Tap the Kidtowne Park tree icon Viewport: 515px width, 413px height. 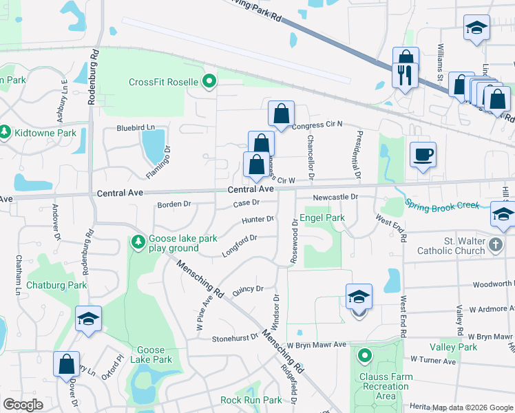click(x=4, y=131)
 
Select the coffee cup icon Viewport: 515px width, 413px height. click(x=422, y=155)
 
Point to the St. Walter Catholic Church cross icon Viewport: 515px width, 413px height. click(x=495, y=244)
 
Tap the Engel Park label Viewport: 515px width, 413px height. click(x=322, y=218)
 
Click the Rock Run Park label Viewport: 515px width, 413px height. click(x=251, y=400)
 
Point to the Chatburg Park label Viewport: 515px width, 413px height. click(x=56, y=284)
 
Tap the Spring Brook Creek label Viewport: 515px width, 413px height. click(x=441, y=204)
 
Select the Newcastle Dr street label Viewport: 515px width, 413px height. click(x=336, y=197)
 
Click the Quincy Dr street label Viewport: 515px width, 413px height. click(x=249, y=290)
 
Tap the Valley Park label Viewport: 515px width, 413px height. click(x=453, y=347)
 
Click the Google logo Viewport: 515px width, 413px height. click(x=23, y=405)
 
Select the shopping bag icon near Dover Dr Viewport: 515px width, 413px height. click(x=66, y=363)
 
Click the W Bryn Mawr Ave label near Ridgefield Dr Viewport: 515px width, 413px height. click(x=317, y=344)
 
